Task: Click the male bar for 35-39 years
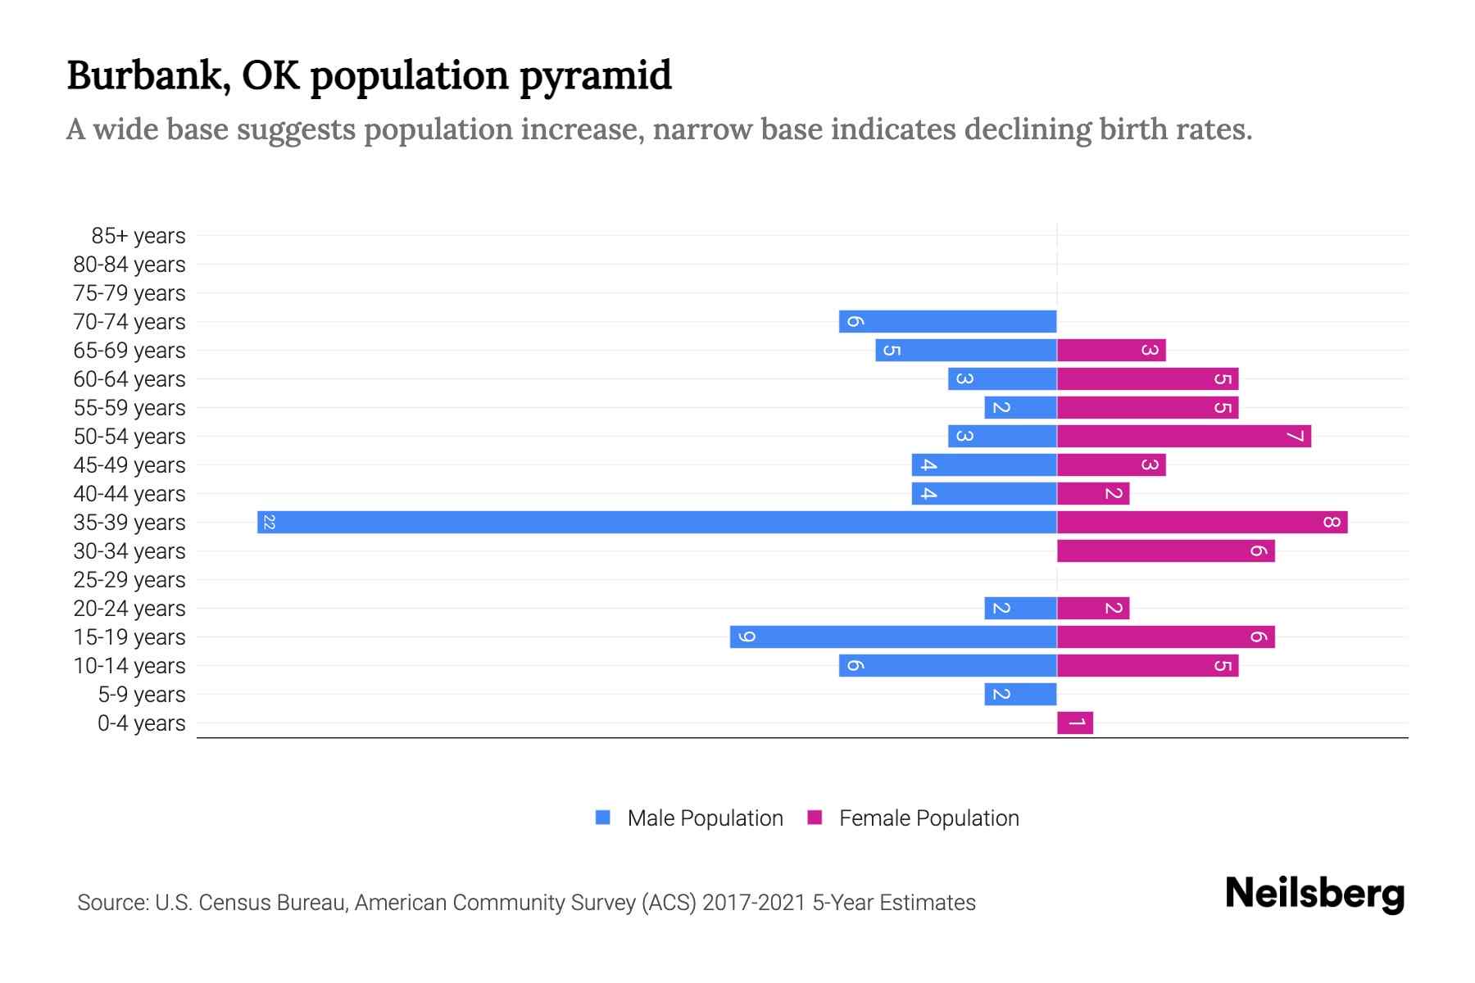click(x=656, y=523)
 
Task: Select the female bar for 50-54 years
click(x=1183, y=437)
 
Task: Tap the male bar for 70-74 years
click(x=947, y=322)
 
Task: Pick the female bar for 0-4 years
click(x=1074, y=723)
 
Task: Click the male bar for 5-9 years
click(x=1020, y=695)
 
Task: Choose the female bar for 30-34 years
click(x=1165, y=551)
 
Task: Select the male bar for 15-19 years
click(x=893, y=637)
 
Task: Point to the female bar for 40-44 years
click(x=1092, y=494)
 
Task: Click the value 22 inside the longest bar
click(x=269, y=523)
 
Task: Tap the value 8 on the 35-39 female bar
click(x=1331, y=523)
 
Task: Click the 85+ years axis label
click(x=138, y=236)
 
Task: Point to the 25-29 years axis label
click(x=129, y=580)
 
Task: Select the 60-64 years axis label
click(x=129, y=379)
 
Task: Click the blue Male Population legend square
click(x=603, y=818)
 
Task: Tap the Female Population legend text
click(x=928, y=818)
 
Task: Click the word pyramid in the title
click(x=595, y=76)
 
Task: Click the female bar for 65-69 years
click(x=1111, y=351)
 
